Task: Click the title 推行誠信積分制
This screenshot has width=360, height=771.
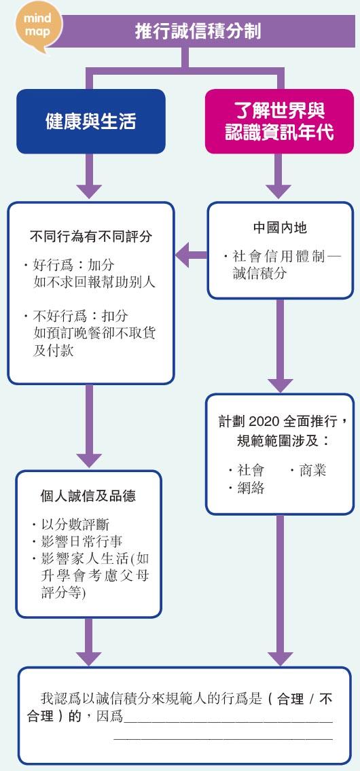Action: click(x=198, y=31)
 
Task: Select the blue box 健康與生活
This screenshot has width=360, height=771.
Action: click(x=90, y=121)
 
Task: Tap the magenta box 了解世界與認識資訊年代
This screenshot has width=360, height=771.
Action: click(x=279, y=121)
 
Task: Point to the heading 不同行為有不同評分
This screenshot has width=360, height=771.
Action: click(x=91, y=237)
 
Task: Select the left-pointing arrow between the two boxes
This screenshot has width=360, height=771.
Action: click(x=192, y=255)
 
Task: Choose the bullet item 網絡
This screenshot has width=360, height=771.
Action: click(x=246, y=488)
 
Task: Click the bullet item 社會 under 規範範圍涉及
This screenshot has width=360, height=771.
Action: click(x=246, y=471)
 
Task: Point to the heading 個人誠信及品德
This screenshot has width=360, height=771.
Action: click(x=88, y=496)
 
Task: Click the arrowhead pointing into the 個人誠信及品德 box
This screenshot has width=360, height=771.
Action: click(x=89, y=461)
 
